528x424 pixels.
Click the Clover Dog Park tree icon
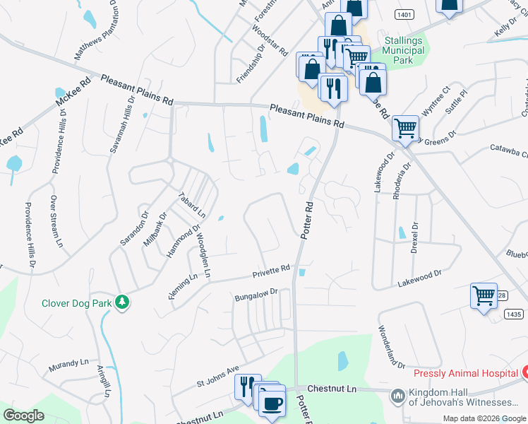click(x=123, y=302)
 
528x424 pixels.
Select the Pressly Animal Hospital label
click(x=466, y=373)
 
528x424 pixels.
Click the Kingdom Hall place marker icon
click(x=398, y=396)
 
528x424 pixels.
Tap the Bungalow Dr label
click(x=258, y=295)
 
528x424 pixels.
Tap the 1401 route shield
click(x=404, y=13)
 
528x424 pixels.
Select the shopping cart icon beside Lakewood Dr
click(x=484, y=295)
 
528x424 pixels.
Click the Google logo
click(x=23, y=415)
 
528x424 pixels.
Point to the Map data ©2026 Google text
click(x=484, y=418)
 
